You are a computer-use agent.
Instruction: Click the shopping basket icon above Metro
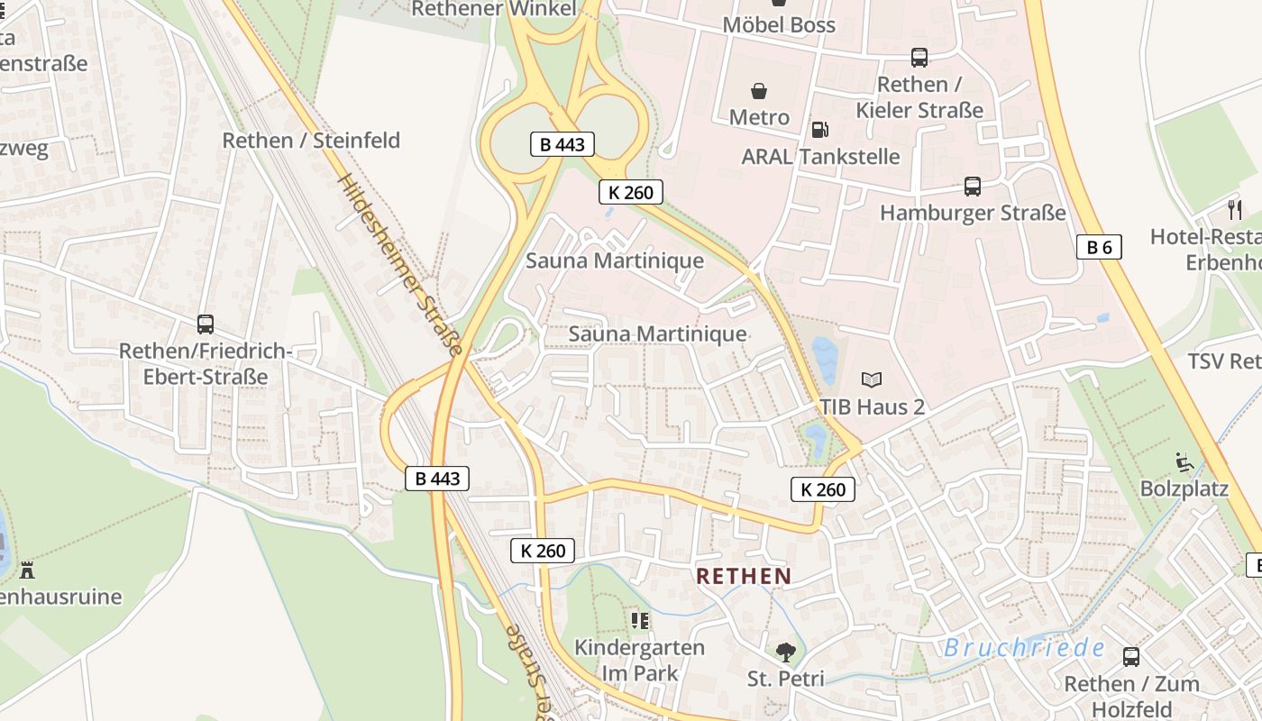[x=759, y=91]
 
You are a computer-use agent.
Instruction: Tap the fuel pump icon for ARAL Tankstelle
[x=819, y=130]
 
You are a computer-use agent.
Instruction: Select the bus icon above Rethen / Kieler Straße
[x=919, y=58]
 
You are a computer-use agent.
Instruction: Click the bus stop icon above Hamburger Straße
[x=972, y=187]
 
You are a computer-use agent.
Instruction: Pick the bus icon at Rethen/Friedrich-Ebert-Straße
[x=206, y=324]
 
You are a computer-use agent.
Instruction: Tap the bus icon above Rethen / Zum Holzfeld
[x=1130, y=657]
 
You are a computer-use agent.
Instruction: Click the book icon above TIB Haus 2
[x=871, y=379]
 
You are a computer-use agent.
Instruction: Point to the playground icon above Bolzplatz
[x=1184, y=462]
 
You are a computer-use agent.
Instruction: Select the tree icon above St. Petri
[x=785, y=652]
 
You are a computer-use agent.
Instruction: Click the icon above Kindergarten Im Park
[x=640, y=620]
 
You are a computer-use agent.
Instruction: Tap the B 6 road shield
[x=1099, y=247]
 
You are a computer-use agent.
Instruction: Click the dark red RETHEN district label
[x=744, y=576]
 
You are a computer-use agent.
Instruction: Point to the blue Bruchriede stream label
[x=1024, y=647]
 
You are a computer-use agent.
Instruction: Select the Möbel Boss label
[x=779, y=24]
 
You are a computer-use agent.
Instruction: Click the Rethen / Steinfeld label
[x=311, y=141]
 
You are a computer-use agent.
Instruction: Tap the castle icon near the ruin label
[x=27, y=570]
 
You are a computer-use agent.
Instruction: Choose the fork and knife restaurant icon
[x=1234, y=210]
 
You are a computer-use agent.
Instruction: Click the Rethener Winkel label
[x=493, y=9]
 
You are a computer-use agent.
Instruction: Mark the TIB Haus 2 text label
[x=872, y=406]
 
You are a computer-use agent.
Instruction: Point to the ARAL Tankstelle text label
[x=820, y=157]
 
